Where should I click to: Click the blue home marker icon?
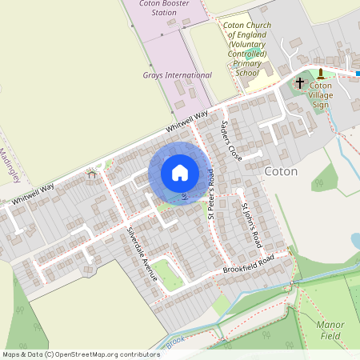(180, 173)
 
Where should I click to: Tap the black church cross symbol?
(300, 82)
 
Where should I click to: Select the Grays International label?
(178, 75)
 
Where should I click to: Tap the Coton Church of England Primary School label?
(247, 49)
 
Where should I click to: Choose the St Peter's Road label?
(211, 193)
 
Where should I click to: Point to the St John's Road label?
(252, 224)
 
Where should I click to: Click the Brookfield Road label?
(248, 263)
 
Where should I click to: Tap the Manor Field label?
(330, 330)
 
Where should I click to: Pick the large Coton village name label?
(281, 172)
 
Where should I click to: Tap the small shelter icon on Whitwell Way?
(92, 174)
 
